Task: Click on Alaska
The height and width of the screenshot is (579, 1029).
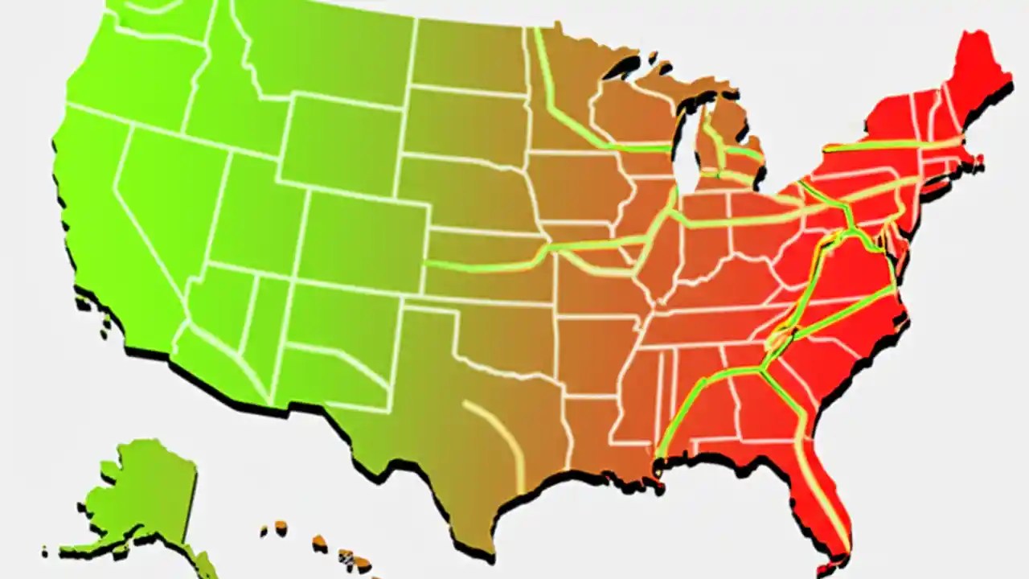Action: [145, 491]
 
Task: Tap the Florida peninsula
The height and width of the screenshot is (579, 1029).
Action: [820, 482]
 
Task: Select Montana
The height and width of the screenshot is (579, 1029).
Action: [322, 56]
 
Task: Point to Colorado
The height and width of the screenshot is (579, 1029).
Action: [362, 233]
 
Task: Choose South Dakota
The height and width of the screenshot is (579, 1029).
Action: [462, 121]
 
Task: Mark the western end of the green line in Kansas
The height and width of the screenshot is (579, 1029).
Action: [426, 264]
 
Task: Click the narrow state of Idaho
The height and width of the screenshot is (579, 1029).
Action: [217, 105]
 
